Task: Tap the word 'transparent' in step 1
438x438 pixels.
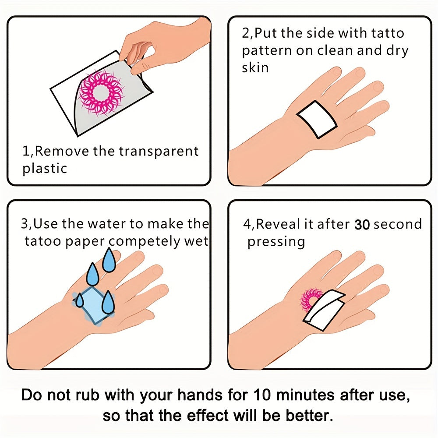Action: pos(159,152)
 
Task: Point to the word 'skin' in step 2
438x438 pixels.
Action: pos(255,67)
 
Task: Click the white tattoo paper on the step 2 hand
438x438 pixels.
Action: pos(317,119)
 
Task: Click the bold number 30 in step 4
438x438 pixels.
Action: pos(362,225)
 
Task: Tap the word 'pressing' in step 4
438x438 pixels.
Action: pos(276,242)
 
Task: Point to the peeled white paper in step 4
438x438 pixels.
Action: pos(324,310)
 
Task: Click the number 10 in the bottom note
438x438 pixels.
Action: pos(262,395)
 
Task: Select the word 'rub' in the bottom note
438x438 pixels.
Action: pos(87,395)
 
